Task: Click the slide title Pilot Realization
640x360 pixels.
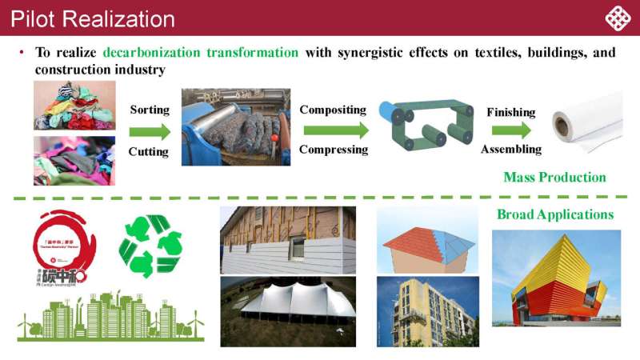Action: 93,18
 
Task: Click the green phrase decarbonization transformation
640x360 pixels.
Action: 201,53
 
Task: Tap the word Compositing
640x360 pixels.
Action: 332,110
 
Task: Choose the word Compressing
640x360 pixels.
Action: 333,150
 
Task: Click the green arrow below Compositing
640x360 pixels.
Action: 334,130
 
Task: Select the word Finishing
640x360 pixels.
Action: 510,113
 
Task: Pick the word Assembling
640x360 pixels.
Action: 510,150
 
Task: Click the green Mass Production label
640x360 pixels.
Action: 554,177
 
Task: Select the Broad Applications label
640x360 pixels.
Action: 554,214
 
